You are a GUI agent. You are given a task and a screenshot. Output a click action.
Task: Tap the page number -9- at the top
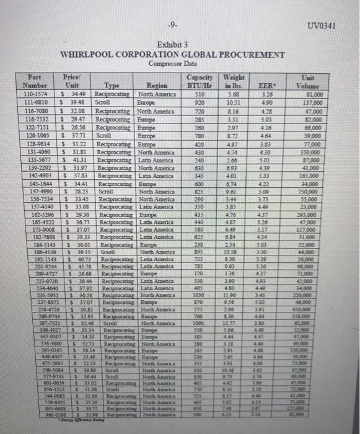tap(177, 27)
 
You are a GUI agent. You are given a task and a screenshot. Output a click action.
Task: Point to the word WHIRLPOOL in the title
tap(89, 54)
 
